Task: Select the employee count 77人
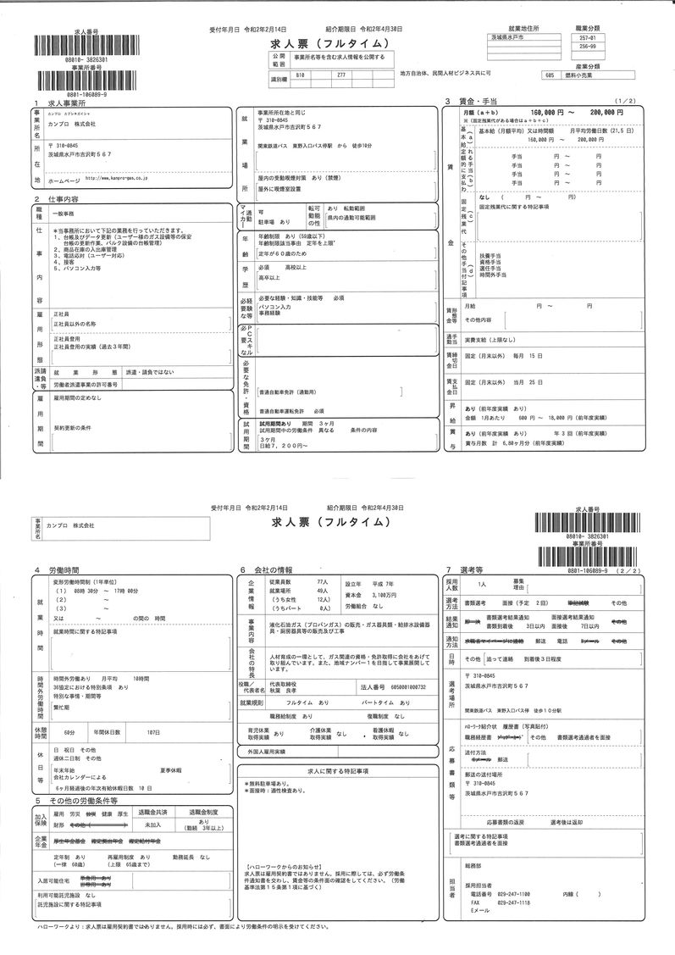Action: pyautogui.click(x=321, y=584)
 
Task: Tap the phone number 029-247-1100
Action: pyautogui.click(x=513, y=894)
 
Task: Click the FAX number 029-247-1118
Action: pyautogui.click(x=513, y=902)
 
